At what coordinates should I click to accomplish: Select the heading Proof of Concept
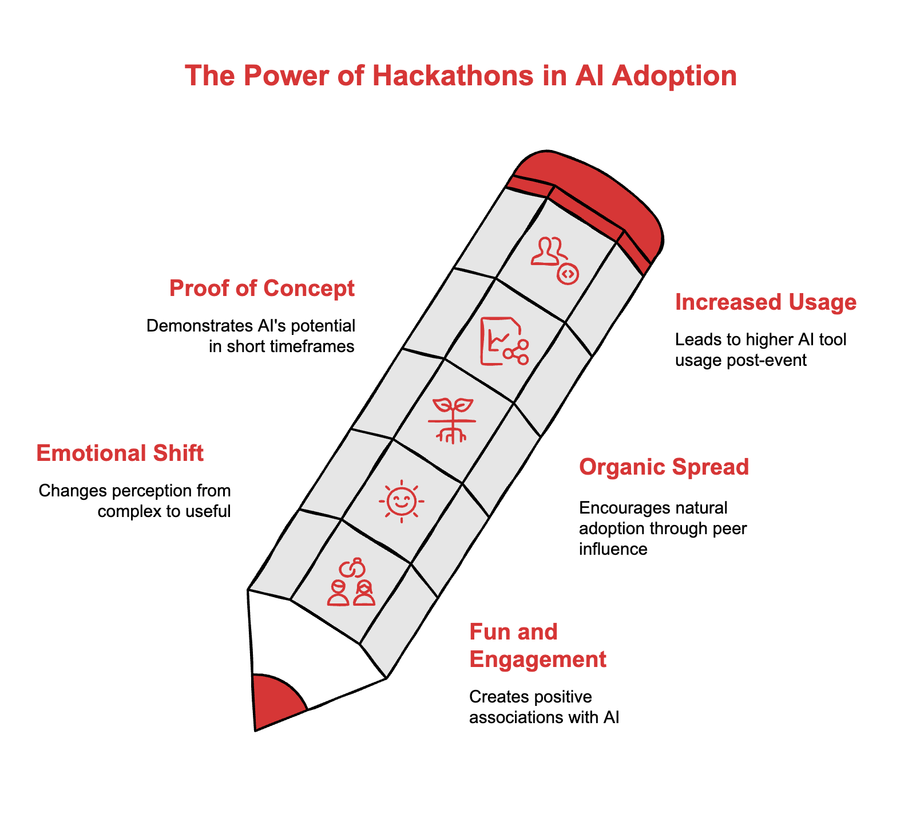[x=262, y=288]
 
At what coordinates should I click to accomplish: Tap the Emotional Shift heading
[x=120, y=453]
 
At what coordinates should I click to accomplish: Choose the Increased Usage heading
[x=766, y=302]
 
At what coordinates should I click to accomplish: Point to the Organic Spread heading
[x=664, y=467]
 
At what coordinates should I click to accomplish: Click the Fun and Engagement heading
[x=537, y=646]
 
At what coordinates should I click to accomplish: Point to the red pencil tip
[x=275, y=701]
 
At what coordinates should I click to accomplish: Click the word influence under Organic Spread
[x=613, y=549]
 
